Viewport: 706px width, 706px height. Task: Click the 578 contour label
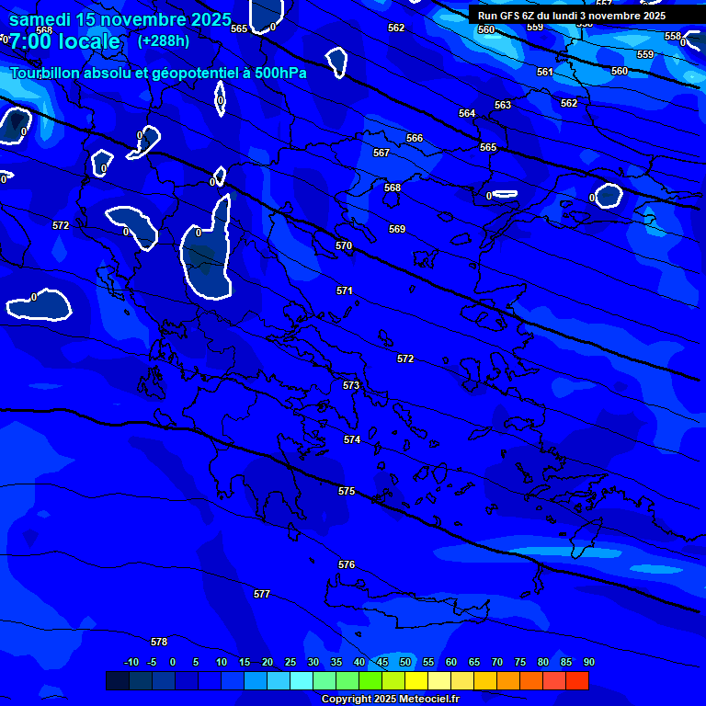(159, 642)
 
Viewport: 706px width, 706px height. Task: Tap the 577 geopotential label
(262, 594)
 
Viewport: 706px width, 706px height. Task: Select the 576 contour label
(347, 564)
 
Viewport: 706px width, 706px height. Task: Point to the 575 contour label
(347, 491)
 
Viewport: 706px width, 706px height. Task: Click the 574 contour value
(352, 439)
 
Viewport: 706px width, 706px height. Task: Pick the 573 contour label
(351, 385)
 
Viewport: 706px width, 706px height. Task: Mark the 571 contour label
(345, 290)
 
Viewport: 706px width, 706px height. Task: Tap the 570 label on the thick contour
(344, 245)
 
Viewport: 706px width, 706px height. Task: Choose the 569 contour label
(397, 229)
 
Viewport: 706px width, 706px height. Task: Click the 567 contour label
(381, 153)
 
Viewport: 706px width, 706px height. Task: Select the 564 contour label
(467, 113)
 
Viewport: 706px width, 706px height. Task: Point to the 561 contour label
(545, 72)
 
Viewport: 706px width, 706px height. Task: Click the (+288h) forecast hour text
(164, 40)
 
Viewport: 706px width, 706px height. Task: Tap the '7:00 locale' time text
(64, 41)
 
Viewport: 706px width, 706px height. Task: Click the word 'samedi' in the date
(40, 18)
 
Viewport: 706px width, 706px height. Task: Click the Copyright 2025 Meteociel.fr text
(390, 699)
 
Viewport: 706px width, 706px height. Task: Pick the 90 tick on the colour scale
(588, 662)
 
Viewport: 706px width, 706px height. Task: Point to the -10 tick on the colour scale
(131, 662)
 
